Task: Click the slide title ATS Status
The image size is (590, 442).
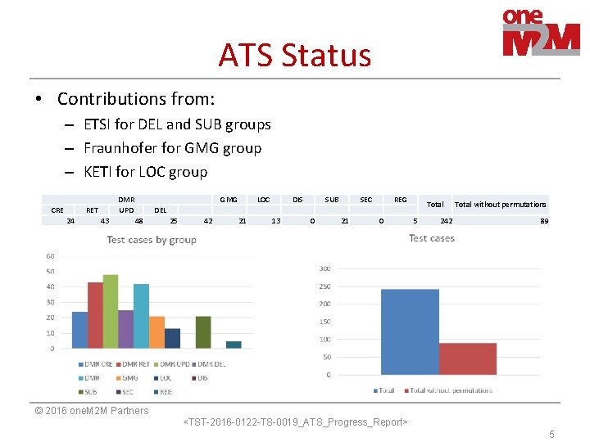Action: tap(294, 56)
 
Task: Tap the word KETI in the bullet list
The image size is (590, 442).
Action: tap(99, 172)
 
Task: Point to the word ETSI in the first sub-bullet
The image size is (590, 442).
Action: tap(99, 124)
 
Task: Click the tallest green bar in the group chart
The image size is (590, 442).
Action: tap(111, 312)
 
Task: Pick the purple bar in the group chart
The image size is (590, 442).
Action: tap(125, 329)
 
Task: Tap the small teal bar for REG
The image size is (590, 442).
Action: tap(234, 345)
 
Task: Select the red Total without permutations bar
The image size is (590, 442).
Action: tap(467, 359)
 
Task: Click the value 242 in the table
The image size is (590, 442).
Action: tap(446, 221)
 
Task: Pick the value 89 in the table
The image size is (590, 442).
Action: tap(544, 221)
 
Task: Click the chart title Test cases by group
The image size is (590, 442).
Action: tap(152, 240)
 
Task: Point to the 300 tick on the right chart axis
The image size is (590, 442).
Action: tap(324, 268)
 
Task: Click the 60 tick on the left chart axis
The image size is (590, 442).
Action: tap(50, 256)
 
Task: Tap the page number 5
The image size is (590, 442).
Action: tap(551, 435)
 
